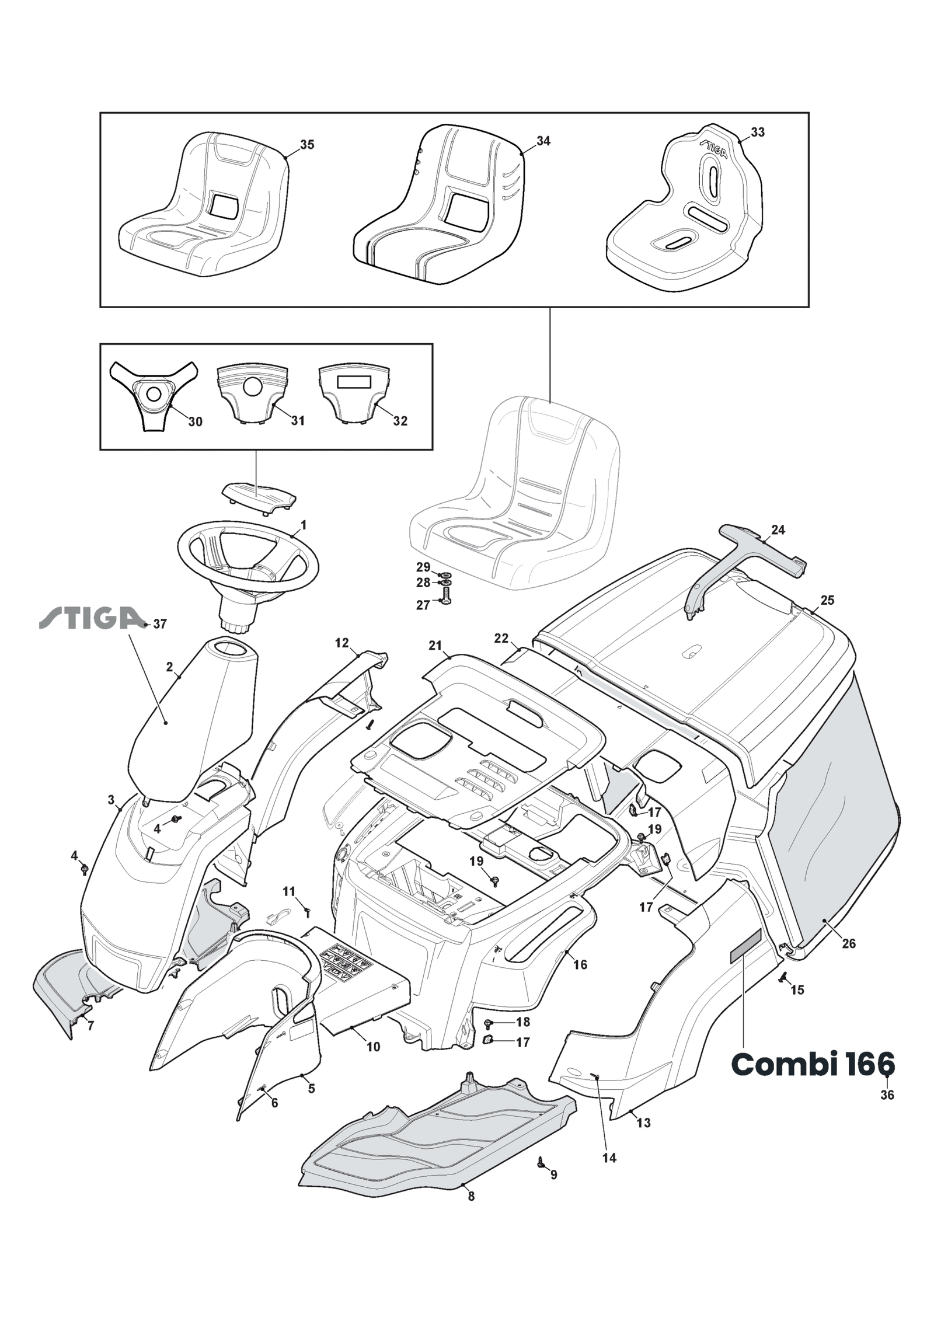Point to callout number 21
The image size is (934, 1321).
[x=435, y=645]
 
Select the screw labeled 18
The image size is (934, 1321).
[x=489, y=1022]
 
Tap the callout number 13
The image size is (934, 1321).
[x=643, y=1123]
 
